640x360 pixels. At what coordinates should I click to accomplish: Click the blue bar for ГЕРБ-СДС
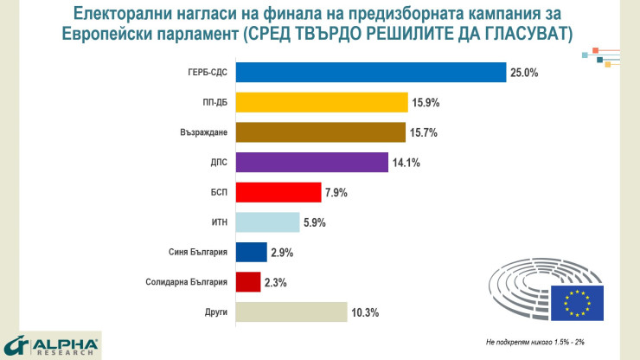(370, 73)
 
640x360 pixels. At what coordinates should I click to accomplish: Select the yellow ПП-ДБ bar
(321, 102)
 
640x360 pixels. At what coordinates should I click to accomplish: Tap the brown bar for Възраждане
(320, 132)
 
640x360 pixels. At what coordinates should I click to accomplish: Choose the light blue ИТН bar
(267, 222)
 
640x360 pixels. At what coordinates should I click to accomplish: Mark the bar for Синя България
(251, 252)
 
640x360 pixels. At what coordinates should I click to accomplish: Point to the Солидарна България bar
(247, 282)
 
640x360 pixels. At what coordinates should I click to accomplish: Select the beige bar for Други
(291, 312)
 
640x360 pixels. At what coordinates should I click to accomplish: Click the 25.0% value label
(524, 74)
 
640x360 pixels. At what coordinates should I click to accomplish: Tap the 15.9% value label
(426, 103)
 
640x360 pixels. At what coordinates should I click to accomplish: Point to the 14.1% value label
(406, 163)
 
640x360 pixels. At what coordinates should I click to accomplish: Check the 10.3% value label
(365, 312)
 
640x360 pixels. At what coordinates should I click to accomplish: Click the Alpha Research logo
(51, 345)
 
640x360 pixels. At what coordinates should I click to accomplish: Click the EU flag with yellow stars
(580, 301)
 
